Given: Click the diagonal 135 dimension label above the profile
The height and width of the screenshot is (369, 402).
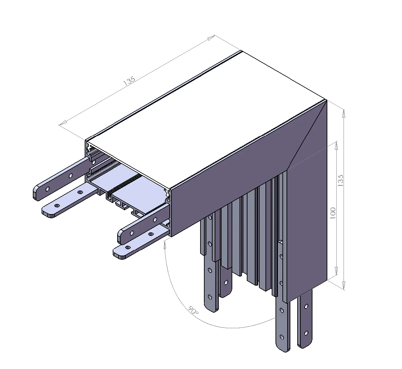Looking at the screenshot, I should coord(129,81).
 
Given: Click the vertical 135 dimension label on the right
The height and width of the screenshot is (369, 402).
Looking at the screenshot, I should coord(340,181).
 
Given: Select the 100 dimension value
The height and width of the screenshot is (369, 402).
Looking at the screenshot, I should coord(333,212).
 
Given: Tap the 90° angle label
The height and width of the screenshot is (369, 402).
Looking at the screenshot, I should coord(193,310).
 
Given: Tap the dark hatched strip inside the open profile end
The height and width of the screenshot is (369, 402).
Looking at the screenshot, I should coord(124,184).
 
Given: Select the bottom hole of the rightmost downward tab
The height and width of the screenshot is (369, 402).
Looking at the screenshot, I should coord(306,333).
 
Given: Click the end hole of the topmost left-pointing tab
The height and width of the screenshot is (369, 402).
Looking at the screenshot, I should coord(47,189).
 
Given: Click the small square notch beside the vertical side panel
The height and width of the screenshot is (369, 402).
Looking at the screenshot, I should coord(281,242).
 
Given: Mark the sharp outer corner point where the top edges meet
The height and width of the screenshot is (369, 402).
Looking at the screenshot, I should coord(327,100).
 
